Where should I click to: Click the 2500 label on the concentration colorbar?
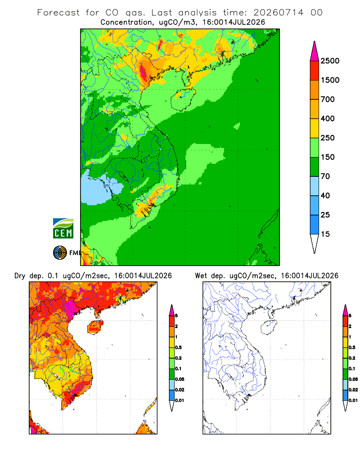(x=330, y=61)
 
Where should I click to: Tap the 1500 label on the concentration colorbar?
(x=330, y=80)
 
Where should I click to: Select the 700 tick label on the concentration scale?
(x=328, y=99)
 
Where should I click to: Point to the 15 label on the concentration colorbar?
(x=325, y=234)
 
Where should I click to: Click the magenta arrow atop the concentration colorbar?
(x=315, y=52)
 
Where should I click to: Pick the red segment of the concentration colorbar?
(x=315, y=71)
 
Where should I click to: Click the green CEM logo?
(x=63, y=229)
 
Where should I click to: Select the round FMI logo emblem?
(x=60, y=253)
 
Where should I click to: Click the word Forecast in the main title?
(x=58, y=13)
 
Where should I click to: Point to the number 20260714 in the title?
(x=278, y=13)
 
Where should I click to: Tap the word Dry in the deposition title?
(x=20, y=276)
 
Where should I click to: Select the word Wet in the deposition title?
(x=201, y=276)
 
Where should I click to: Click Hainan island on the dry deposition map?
(x=95, y=327)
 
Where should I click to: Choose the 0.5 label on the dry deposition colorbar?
(x=178, y=347)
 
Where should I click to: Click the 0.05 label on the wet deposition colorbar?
(x=353, y=379)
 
